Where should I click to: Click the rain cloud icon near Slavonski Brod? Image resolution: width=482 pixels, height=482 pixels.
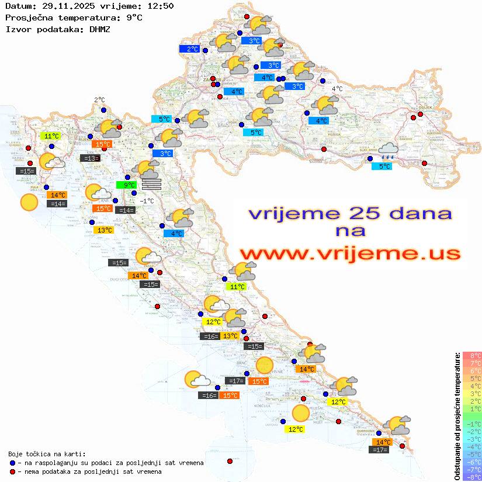click(387, 151)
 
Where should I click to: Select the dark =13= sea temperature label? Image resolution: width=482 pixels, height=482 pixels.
click(89, 158)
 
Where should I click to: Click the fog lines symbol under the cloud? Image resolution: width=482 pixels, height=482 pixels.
click(151, 183)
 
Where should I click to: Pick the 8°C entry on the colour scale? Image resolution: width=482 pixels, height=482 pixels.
click(472, 355)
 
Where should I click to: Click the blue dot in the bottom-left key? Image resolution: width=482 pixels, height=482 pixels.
click(12, 463)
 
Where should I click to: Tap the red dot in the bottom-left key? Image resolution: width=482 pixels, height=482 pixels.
click(12, 471)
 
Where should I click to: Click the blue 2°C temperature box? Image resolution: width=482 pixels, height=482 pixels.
click(190, 49)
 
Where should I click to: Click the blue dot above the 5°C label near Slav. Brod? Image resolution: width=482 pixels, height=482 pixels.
click(370, 158)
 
